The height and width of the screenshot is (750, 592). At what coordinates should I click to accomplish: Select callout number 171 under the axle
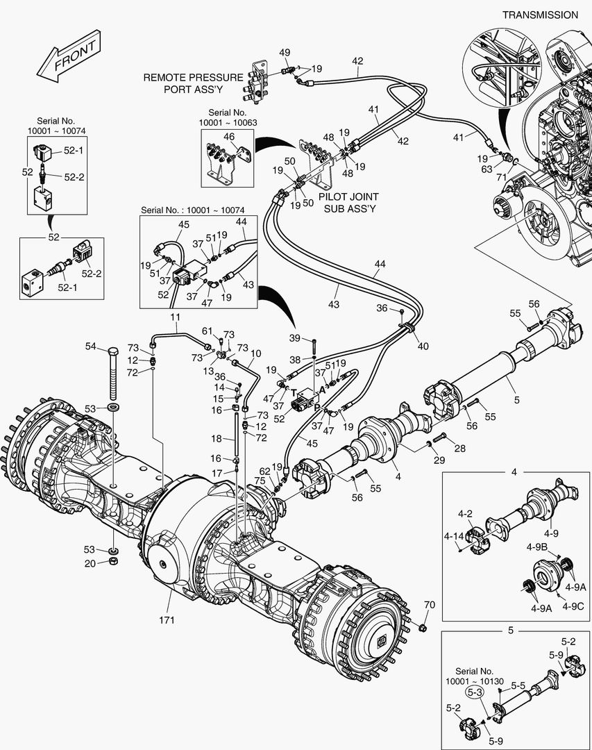[167, 619]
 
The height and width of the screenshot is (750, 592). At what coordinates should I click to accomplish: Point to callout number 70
[429, 605]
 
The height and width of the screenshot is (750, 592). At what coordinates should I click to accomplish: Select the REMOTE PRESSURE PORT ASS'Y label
[193, 83]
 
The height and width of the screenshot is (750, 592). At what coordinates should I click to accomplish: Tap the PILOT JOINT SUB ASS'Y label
[347, 203]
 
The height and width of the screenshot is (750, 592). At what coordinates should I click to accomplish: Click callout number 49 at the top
[285, 53]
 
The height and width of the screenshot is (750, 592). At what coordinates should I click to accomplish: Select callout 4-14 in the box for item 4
[454, 536]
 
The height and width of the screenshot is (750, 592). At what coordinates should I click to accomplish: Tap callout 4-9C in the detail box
[573, 606]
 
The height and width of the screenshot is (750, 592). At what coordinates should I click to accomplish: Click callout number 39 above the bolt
[296, 337]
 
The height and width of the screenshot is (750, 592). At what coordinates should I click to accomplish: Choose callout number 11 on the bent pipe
[176, 318]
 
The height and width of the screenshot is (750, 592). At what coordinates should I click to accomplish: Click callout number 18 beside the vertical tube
[216, 439]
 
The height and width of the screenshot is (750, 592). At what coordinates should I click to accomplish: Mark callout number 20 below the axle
[90, 563]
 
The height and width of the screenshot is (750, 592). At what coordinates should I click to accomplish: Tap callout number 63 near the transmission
[487, 169]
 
